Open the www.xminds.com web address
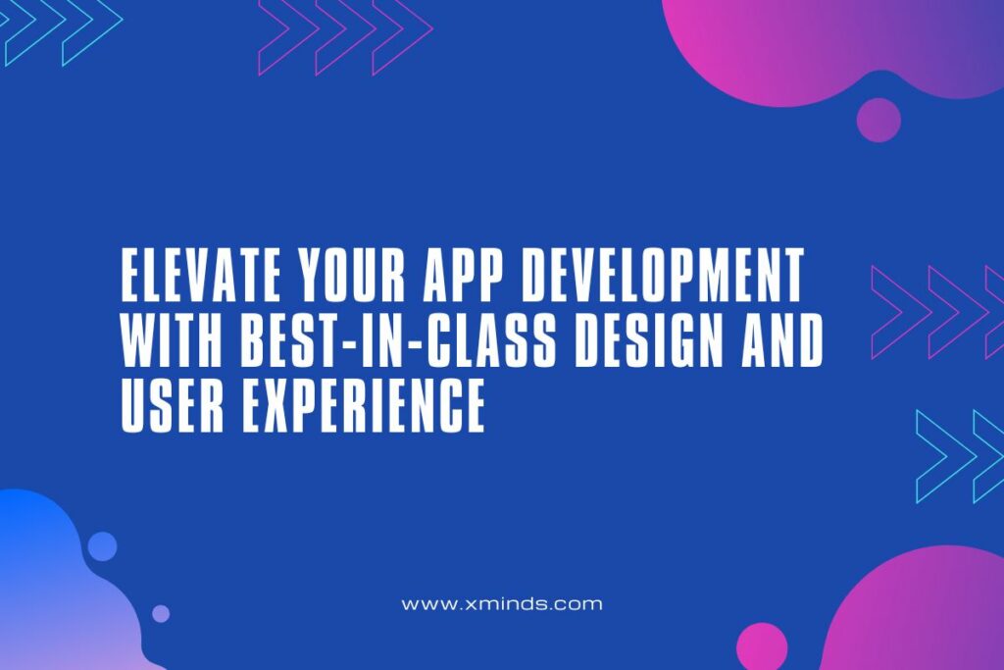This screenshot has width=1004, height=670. (x=502, y=604)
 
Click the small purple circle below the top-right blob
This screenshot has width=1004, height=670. (x=878, y=120)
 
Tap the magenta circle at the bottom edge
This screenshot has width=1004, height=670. (x=762, y=648)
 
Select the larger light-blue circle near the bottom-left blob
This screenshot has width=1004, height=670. (x=102, y=546)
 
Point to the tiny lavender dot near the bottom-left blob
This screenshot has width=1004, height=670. (x=161, y=613)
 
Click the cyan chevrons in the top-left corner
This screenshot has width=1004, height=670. (x=59, y=29)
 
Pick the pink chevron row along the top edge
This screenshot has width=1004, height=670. (x=345, y=35)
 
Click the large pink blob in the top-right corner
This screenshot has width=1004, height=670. (x=843, y=44)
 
